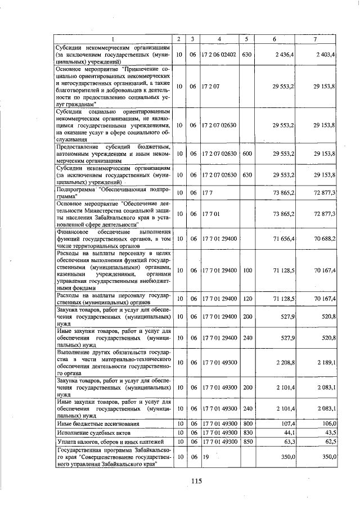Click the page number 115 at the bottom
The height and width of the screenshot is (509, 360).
pos(196,480)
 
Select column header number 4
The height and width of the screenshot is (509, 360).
pos(219,39)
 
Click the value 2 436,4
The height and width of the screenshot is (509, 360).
pos(282,55)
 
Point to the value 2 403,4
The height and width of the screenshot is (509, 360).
pos(325,55)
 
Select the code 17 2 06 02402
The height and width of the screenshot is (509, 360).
pos(218,55)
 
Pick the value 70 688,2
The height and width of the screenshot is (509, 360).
pos(325,238)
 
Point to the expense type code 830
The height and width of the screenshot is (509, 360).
pos(246,432)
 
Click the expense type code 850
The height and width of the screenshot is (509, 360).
pos(246,442)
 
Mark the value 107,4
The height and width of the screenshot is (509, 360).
pos(287,423)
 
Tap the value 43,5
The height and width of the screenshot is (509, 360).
pos(330,432)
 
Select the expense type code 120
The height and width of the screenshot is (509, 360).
pos(246,298)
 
